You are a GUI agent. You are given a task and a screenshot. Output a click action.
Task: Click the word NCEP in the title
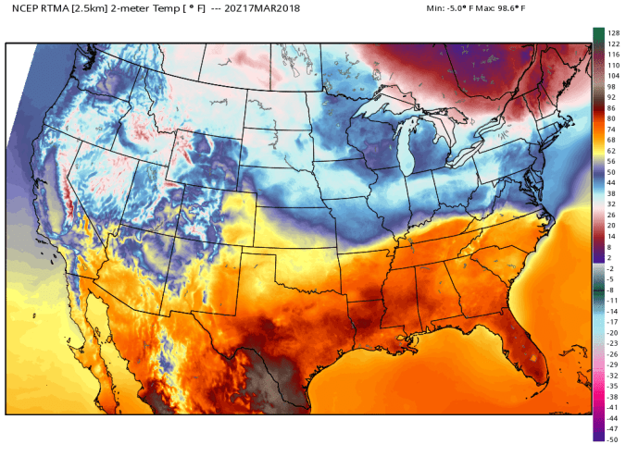click(x=25, y=7)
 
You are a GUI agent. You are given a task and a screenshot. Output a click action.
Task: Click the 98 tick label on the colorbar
click(x=610, y=86)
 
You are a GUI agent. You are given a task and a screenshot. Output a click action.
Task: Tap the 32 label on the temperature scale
click(x=610, y=204)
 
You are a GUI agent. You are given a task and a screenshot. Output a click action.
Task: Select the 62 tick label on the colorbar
click(x=610, y=150)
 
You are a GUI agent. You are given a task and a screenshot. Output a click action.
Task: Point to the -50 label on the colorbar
click(x=612, y=438)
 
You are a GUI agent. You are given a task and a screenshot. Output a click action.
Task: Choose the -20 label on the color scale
click(x=612, y=332)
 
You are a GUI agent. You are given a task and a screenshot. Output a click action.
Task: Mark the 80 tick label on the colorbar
click(x=610, y=118)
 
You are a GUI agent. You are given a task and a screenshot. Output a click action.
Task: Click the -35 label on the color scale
click(x=612, y=385)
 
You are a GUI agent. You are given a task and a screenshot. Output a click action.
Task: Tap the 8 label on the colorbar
click(x=608, y=247)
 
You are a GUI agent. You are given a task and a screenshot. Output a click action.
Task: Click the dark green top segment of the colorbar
click(x=598, y=34)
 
